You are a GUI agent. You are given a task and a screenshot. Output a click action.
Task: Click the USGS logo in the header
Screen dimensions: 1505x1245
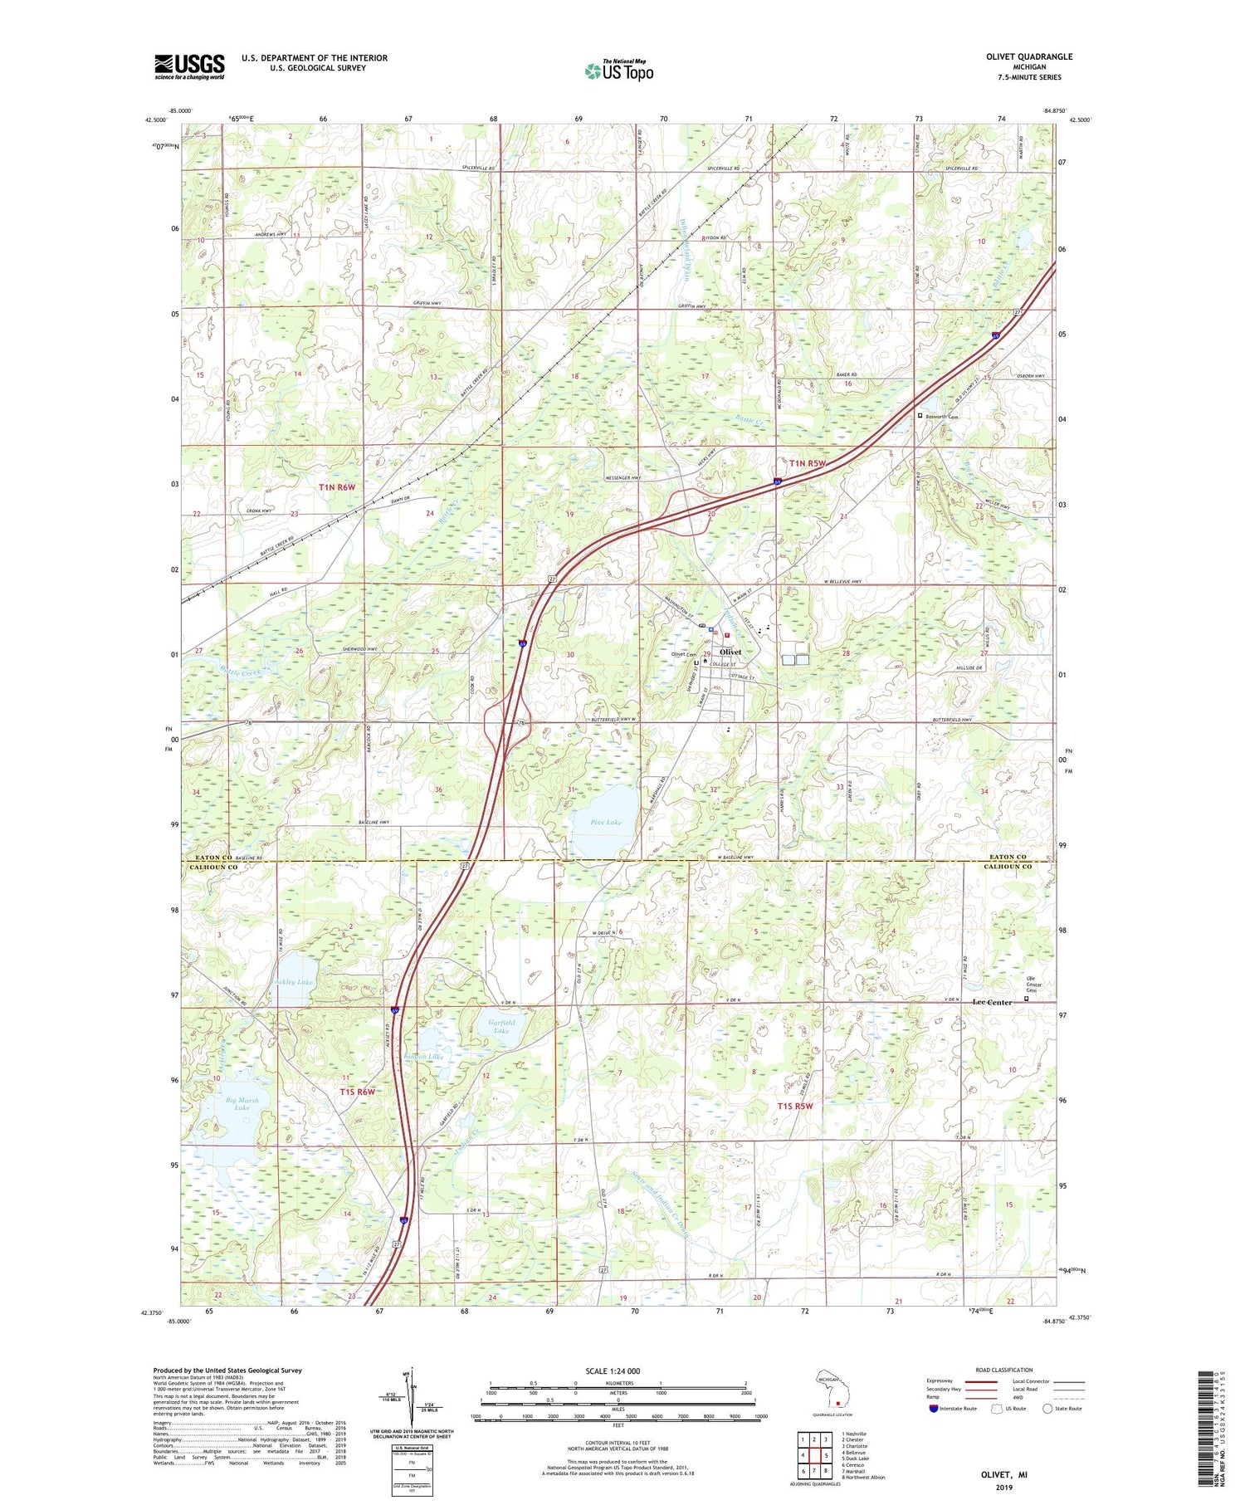click(189, 66)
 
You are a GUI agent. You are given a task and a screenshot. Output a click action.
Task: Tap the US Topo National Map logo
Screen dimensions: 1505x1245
click(618, 71)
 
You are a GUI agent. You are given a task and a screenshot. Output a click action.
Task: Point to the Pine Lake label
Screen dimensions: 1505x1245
click(606, 822)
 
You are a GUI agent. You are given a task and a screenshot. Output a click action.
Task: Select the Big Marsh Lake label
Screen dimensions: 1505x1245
click(242, 1103)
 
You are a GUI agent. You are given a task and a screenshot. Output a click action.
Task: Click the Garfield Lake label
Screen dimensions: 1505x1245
click(501, 1026)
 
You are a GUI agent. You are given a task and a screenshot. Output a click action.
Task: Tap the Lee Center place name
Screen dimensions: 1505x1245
click(992, 1002)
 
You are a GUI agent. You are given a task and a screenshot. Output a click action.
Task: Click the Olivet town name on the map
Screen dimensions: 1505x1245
click(730, 652)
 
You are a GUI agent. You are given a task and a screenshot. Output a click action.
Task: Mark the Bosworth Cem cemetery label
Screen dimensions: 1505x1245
click(942, 417)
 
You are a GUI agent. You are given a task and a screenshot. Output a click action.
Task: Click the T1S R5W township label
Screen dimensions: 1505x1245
click(794, 1106)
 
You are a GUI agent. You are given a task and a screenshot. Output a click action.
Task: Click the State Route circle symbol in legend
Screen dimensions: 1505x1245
click(1048, 1409)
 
